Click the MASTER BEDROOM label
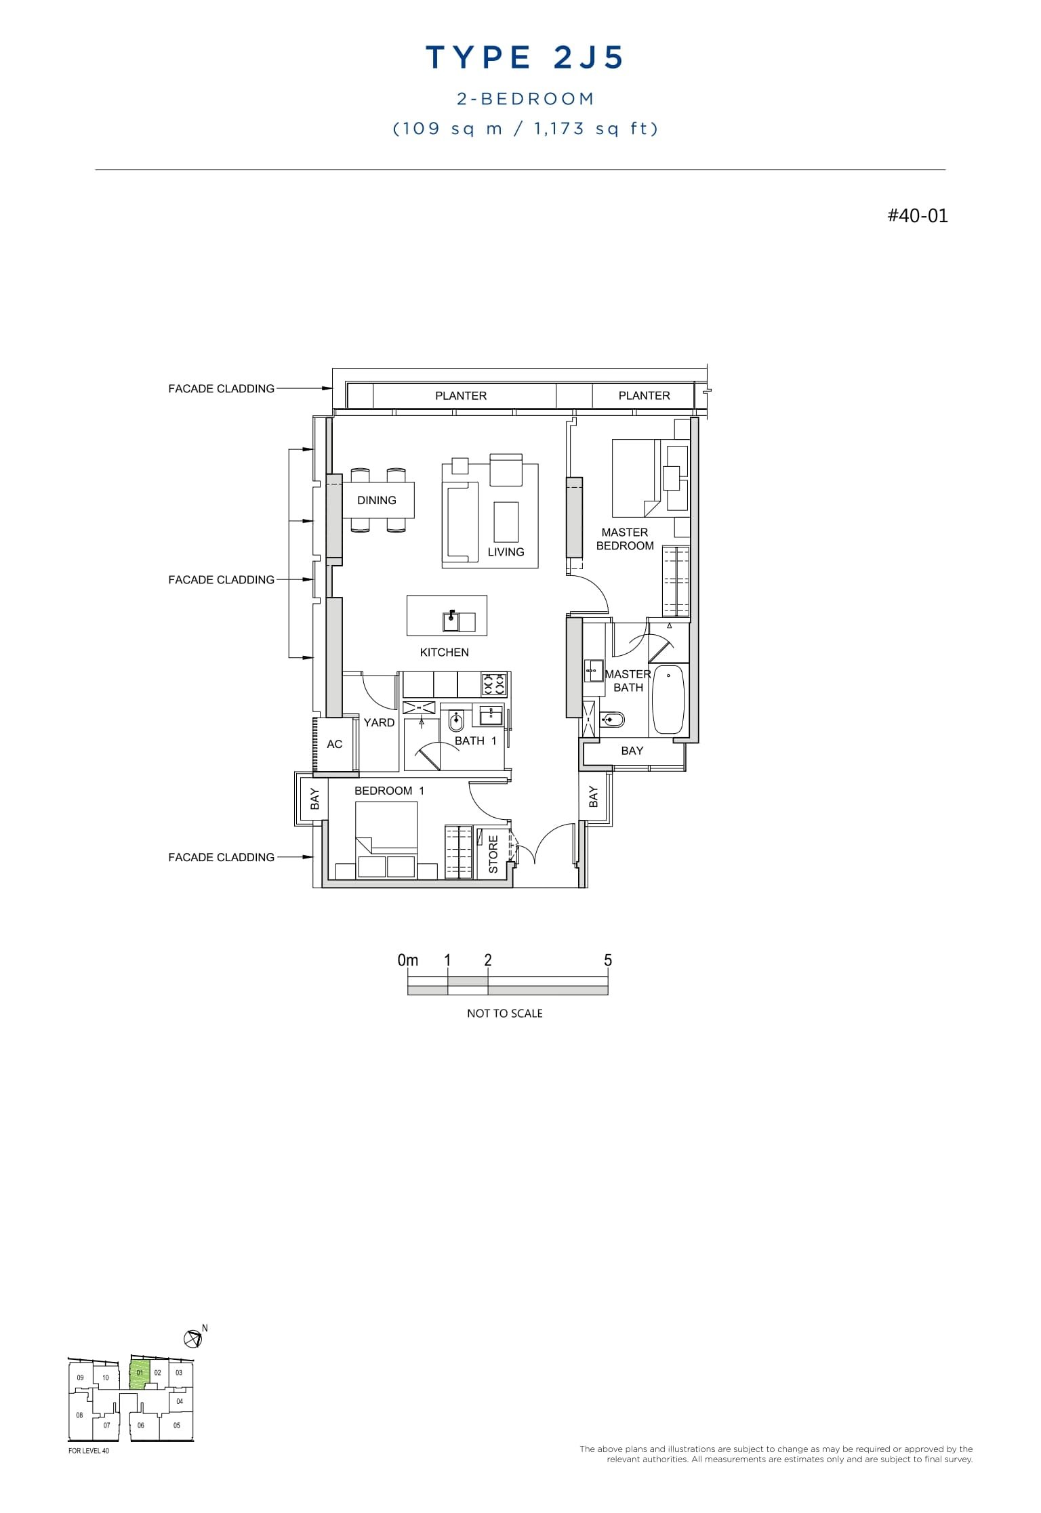pyautogui.click(x=624, y=539)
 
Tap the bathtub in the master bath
pyautogui.click(x=668, y=699)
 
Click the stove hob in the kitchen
pyautogui.click(x=494, y=684)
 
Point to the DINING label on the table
pyautogui.click(x=376, y=500)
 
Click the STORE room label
pyautogui.click(x=493, y=854)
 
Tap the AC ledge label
pyautogui.click(x=334, y=744)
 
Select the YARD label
pyautogui.click(x=379, y=722)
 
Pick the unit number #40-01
pyautogui.click(x=918, y=215)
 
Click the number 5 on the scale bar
pyautogui.click(x=608, y=960)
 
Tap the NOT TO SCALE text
pyautogui.click(x=504, y=1013)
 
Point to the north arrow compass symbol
pyautogui.click(x=192, y=1338)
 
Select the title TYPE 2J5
pyautogui.click(x=525, y=58)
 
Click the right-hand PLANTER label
pyautogui.click(x=644, y=395)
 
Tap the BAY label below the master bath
pyautogui.click(x=632, y=750)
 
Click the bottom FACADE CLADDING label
pyautogui.click(x=221, y=857)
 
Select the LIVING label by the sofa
pyautogui.click(x=506, y=552)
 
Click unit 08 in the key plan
pyautogui.click(x=79, y=1415)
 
